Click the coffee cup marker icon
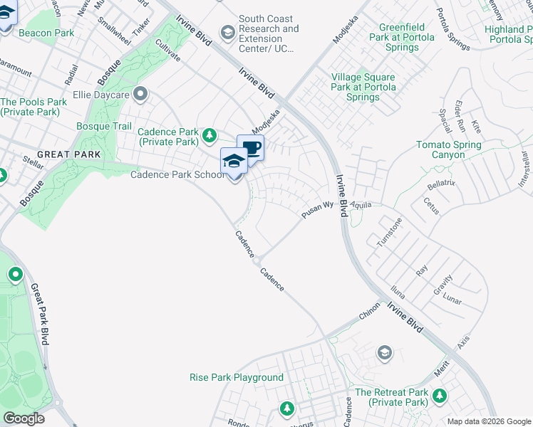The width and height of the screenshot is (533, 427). click(250, 149)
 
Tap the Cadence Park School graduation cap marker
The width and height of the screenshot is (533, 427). click(234, 162)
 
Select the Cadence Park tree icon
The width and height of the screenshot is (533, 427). click(209, 135)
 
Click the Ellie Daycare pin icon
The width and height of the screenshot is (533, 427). click(140, 93)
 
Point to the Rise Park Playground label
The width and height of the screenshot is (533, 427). click(237, 377)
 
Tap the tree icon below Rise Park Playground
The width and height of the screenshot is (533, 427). click(286, 408)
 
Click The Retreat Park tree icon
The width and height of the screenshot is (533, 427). click(440, 395)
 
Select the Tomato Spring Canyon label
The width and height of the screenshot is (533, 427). click(449, 149)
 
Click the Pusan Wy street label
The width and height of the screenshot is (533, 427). click(317, 209)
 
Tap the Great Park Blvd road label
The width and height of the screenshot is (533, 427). click(38, 313)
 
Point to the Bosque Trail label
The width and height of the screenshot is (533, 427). click(104, 126)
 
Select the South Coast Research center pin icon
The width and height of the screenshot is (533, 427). click(227, 31)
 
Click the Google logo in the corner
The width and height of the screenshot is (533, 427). click(24, 418)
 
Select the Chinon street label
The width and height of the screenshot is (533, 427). click(369, 312)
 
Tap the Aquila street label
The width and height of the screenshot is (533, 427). click(361, 204)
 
